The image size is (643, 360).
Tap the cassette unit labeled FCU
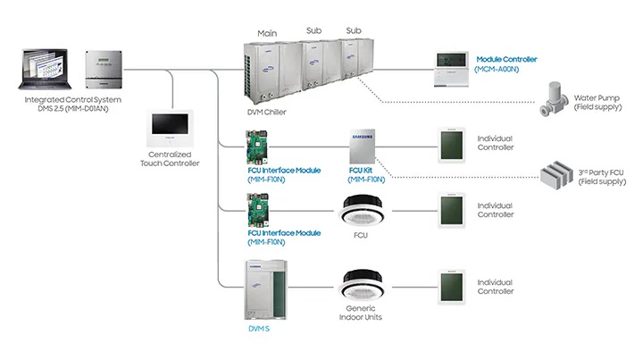pyautogui.click(x=363, y=211)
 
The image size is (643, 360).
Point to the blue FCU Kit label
pyautogui.click(x=361, y=170)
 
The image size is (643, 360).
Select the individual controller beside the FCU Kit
pyautogui.click(x=451, y=144)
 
